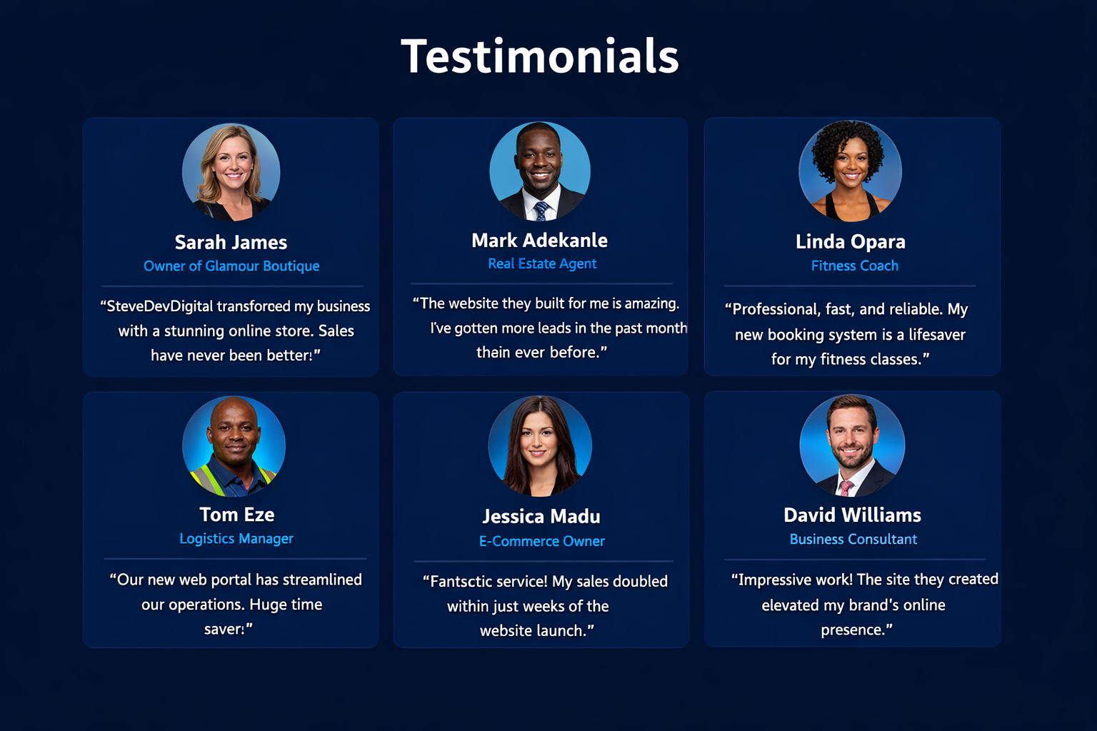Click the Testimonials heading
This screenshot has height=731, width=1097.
540,56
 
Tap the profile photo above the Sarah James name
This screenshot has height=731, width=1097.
231,172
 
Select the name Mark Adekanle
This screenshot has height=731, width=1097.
540,241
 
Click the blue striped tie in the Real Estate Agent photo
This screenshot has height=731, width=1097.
541,211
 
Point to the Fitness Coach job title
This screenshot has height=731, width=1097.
855,266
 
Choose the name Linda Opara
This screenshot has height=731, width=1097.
850,241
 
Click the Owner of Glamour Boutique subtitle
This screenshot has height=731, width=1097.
231,266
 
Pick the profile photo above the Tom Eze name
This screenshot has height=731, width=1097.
234,446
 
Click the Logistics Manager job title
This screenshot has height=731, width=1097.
236,538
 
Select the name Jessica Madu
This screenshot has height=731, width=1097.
541,516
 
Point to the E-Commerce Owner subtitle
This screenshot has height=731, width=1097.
541,541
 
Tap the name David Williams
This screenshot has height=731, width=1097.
852,515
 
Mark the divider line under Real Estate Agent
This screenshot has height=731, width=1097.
541,283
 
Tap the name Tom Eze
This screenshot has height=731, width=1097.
236,515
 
